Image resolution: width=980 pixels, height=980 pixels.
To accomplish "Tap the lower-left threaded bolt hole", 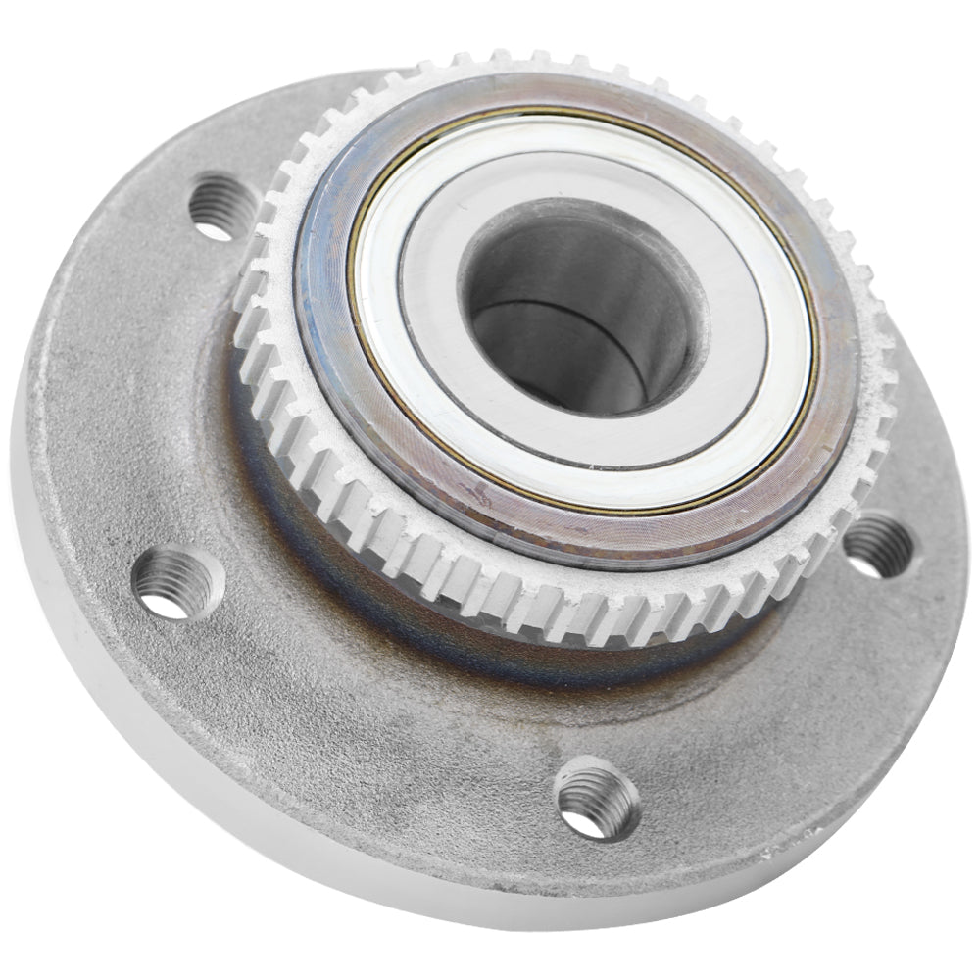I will point(177,583).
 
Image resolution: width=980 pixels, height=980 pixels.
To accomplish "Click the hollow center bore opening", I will point(578,314).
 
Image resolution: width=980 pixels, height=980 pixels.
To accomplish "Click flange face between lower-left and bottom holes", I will point(363,725).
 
